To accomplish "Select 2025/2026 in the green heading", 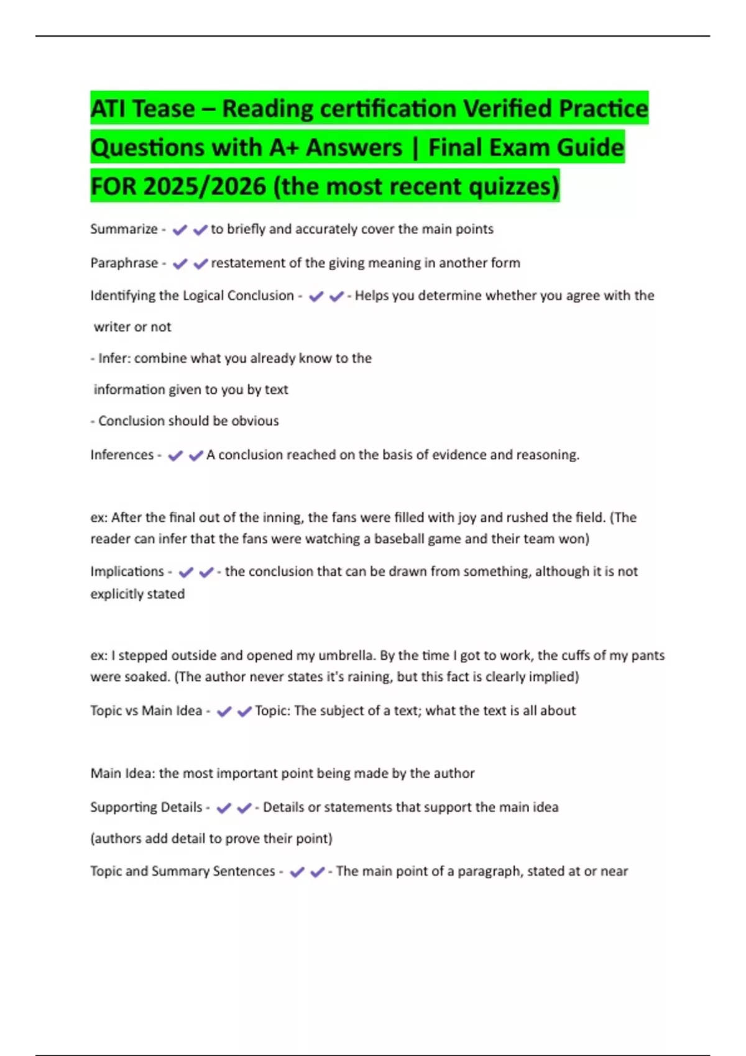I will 204,186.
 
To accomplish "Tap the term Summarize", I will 124,229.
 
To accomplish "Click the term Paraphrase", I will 124,263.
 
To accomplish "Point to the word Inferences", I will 122,455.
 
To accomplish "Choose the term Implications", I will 127,571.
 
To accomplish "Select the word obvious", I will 255,421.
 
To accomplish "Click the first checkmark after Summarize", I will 180,230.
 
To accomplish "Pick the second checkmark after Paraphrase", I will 200,264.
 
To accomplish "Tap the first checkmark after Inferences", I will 175,456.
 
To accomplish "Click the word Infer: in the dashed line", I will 114,358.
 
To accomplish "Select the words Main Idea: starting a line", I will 122,773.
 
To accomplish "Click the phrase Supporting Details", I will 146,808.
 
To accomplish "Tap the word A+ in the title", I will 283,148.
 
